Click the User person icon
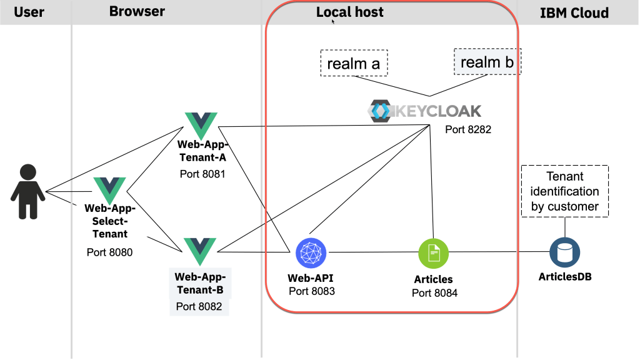pos(27,191)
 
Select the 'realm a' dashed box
pos(354,63)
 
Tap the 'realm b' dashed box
pos(487,62)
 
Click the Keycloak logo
pos(425,111)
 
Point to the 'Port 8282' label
pos(467,129)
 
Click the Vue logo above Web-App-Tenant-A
pos(201,126)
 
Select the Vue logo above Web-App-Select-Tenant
pos(109,190)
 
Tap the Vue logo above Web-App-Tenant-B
pos(200,251)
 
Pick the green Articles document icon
pos(433,252)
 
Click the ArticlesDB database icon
pos(564,252)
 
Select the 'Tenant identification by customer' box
pos(564,191)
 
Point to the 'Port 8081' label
pos(201,174)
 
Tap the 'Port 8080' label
pos(110,252)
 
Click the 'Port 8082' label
pos(199,306)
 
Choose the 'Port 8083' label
pos(312,291)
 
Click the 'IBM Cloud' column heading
pos(574,13)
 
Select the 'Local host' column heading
pos(350,12)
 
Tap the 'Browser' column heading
pos(137,11)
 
